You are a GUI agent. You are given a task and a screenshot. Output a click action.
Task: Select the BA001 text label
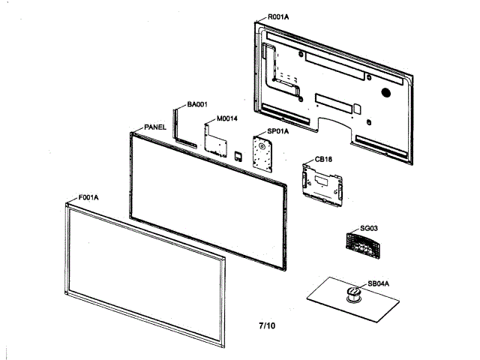[197, 105]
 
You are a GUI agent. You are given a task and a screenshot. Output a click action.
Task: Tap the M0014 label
[228, 118]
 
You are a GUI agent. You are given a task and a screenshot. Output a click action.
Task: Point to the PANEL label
[154, 127]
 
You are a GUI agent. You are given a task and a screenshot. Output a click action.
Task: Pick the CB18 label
[324, 159]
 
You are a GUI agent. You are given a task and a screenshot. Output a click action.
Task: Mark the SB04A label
[378, 284]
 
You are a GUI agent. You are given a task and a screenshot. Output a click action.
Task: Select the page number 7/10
[267, 326]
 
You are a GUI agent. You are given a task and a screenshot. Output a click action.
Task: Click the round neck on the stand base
[352, 293]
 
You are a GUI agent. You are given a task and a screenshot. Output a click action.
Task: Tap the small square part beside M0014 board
[238, 155]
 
